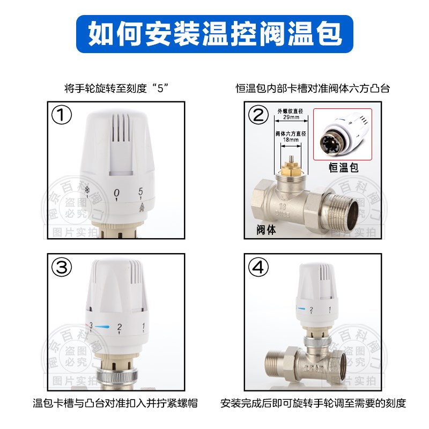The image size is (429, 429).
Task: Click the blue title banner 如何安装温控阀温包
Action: [214, 33]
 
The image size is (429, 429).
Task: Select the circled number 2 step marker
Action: [259, 115]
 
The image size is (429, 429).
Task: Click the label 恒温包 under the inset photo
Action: [343, 168]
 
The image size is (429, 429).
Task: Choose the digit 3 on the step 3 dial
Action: [91, 326]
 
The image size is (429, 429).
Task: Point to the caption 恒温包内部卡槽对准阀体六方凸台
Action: [313, 88]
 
